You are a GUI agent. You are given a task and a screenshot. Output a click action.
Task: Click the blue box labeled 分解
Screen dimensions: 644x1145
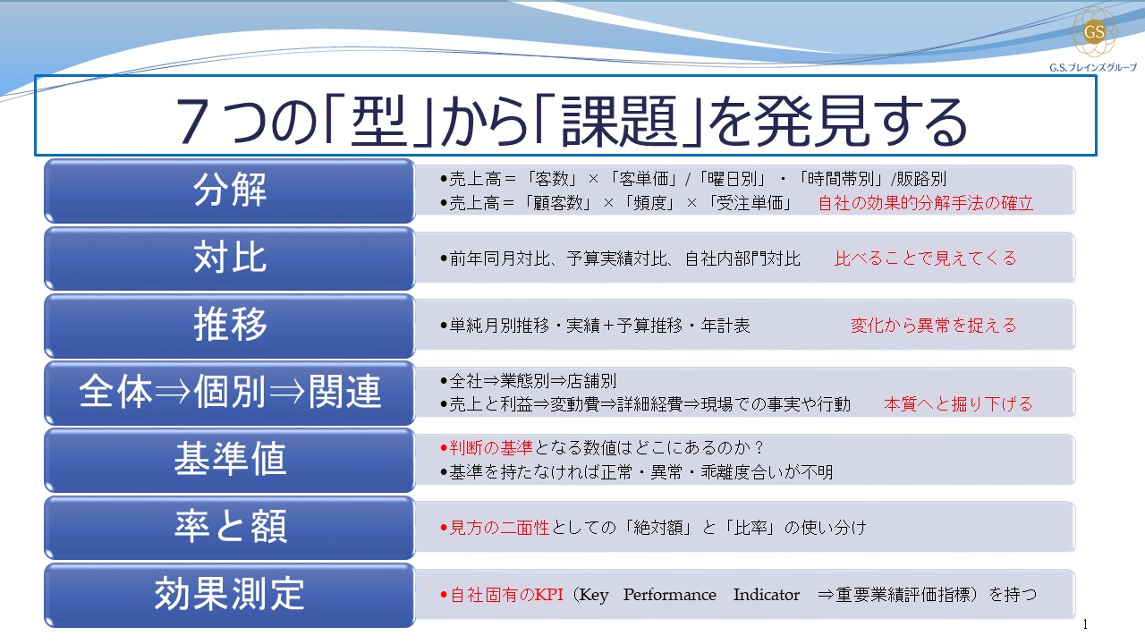[x=230, y=190]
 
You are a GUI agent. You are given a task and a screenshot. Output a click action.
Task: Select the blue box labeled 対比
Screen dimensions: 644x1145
[x=230, y=258]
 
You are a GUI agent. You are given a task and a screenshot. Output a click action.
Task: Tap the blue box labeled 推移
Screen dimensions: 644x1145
[x=230, y=325]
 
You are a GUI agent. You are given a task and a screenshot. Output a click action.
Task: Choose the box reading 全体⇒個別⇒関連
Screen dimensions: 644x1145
[x=230, y=393]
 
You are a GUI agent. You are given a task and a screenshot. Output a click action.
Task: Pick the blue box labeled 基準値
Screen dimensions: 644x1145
[x=230, y=460]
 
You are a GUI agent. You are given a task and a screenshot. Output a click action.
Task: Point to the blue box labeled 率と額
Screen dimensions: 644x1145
[x=230, y=527]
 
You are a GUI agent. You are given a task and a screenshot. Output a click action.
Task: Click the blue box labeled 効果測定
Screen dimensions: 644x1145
[x=230, y=594]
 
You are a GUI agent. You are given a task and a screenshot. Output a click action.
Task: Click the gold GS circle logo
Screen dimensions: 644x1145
[x=1094, y=32]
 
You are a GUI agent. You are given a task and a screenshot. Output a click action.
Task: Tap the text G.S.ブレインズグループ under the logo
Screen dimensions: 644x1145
[x=1093, y=67]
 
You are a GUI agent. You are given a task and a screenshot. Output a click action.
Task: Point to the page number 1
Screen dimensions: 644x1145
[x=1085, y=624]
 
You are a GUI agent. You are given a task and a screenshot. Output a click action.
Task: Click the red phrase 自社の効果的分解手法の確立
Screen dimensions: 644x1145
[x=925, y=203]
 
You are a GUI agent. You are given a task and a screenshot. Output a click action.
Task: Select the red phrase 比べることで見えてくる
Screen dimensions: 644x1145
[x=925, y=258]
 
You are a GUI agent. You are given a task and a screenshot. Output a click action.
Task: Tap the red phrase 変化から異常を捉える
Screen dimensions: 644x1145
[x=933, y=326]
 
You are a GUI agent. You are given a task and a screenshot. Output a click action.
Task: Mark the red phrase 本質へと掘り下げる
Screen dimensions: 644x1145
[x=958, y=404]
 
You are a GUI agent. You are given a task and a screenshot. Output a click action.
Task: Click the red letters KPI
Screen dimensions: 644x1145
[x=548, y=595]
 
